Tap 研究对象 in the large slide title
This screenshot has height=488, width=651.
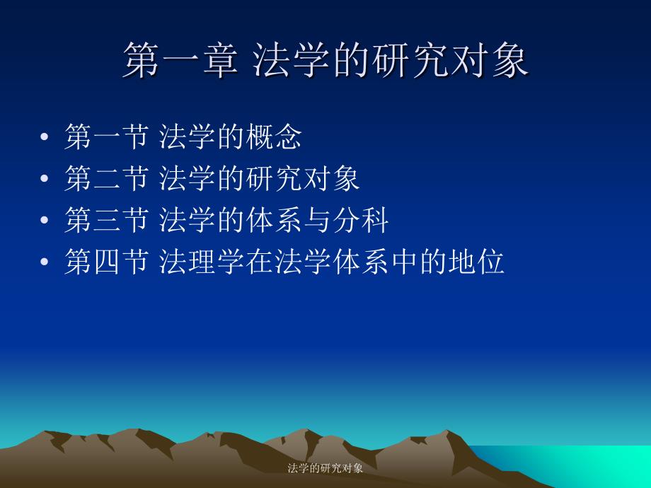point(450,59)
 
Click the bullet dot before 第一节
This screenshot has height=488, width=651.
point(45,136)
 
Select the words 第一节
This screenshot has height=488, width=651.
point(107,136)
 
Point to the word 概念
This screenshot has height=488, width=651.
point(274,136)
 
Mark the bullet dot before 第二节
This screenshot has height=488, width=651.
point(45,178)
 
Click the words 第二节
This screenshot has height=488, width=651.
point(107,178)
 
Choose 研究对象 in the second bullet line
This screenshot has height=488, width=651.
point(303,178)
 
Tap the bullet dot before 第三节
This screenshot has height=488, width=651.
point(45,220)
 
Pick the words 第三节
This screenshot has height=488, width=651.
point(107,220)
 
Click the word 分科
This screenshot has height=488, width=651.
point(360,220)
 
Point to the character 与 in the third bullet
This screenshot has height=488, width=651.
point(317,220)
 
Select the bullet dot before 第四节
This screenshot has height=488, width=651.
point(45,262)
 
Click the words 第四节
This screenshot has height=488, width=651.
point(107,262)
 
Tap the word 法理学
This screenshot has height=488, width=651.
point(202,262)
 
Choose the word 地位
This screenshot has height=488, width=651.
point(476,262)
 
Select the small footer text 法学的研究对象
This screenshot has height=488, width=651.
point(325,468)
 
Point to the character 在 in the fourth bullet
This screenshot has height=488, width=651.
point(260,262)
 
